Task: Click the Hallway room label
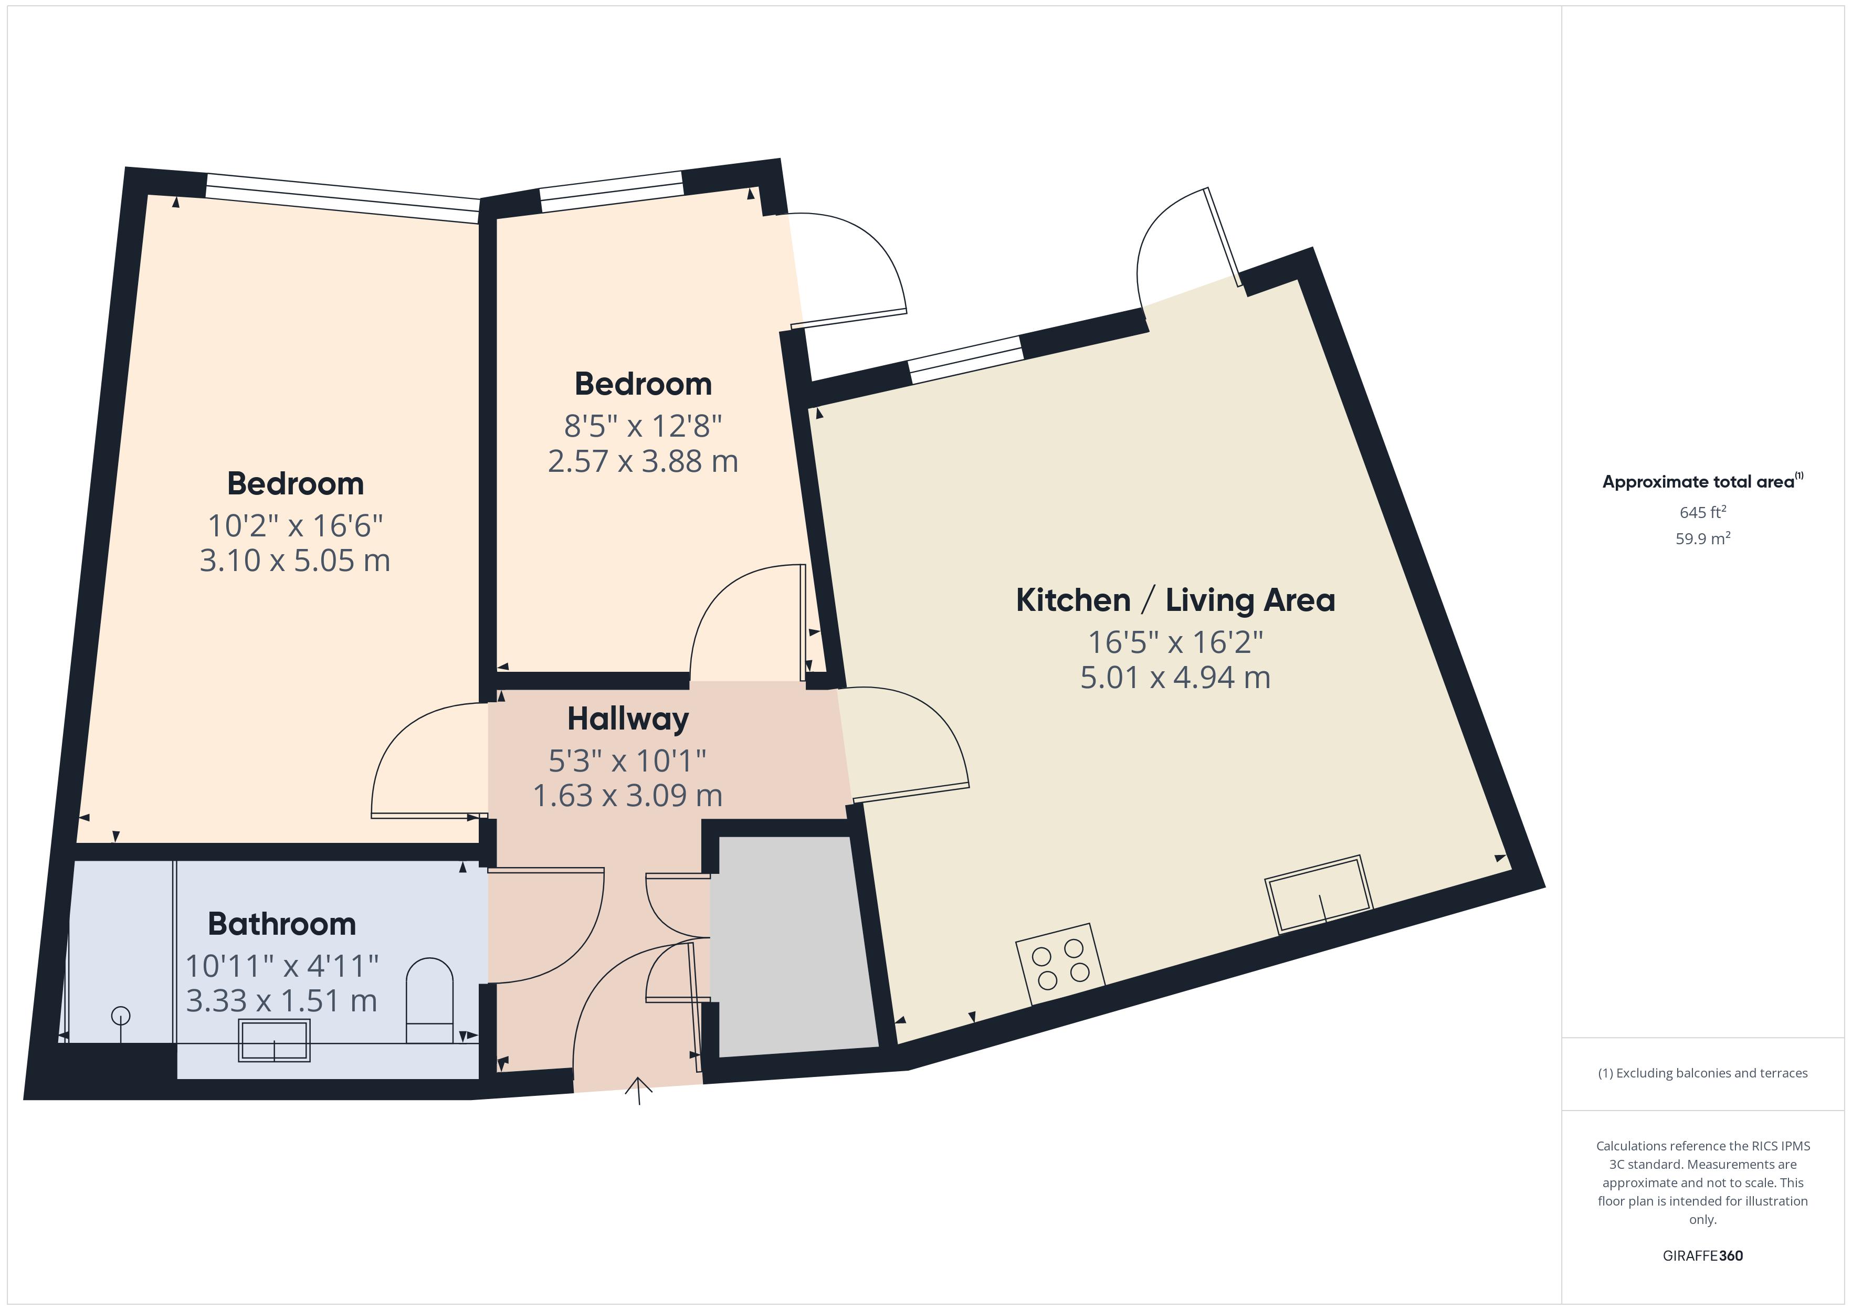627,719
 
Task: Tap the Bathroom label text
281,924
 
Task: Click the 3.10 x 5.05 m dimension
294,561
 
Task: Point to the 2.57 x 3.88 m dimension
643,461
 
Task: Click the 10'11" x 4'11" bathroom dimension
281,966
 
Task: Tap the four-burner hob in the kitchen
1060,964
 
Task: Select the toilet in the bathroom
429,1001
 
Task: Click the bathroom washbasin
274,1041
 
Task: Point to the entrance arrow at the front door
639,1090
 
